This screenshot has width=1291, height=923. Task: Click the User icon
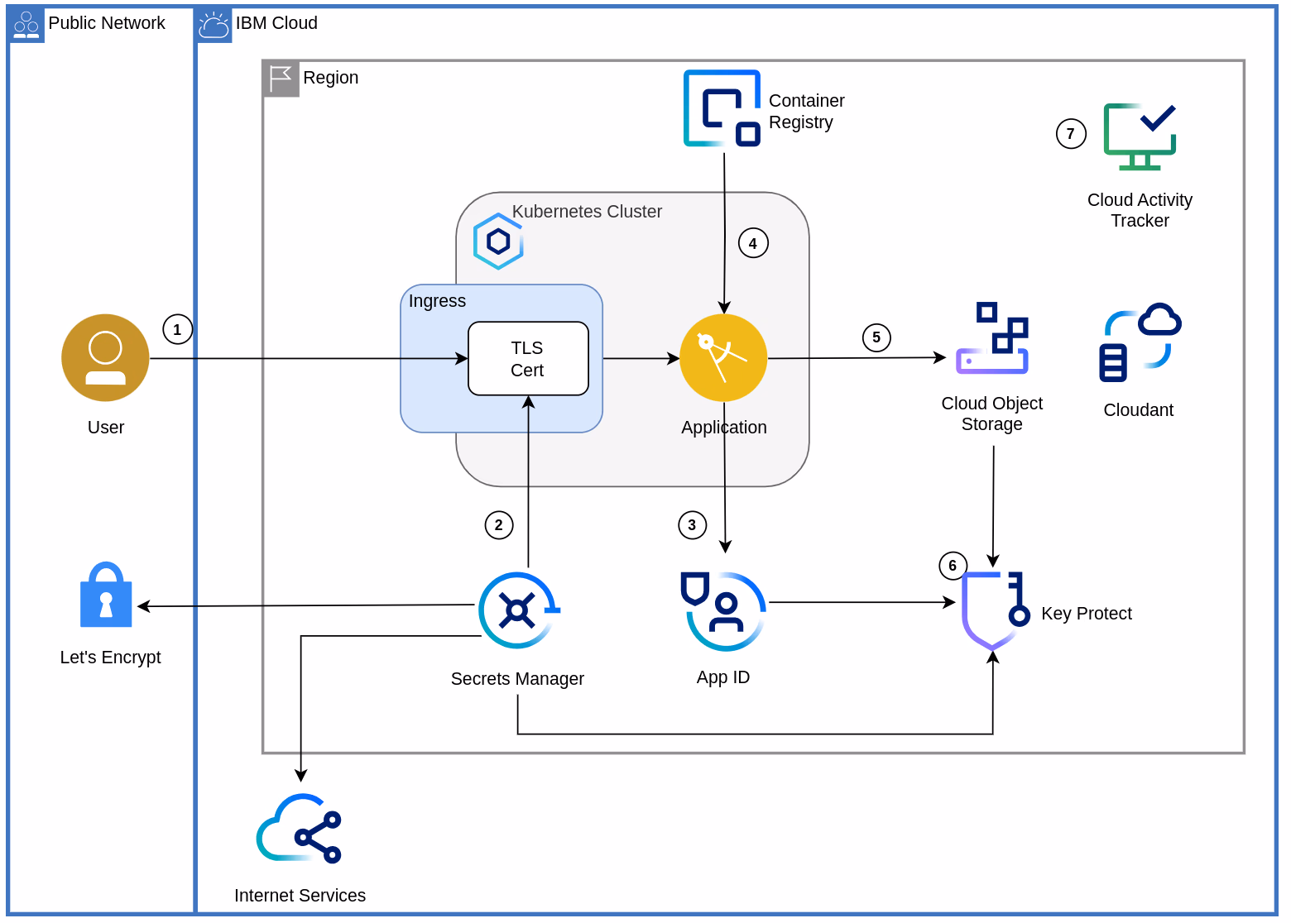[x=105, y=357]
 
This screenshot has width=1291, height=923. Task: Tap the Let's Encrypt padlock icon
[x=106, y=595]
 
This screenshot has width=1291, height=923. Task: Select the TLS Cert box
[x=528, y=358]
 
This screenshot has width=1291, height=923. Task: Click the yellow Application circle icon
[x=723, y=357]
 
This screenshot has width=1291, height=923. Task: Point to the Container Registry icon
[x=722, y=108]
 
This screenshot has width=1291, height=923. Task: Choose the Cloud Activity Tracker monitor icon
[x=1140, y=136]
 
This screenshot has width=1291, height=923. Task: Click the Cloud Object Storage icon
[x=991, y=338]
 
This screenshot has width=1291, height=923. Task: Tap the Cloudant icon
[x=1140, y=342]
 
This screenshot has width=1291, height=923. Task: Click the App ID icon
[x=723, y=611]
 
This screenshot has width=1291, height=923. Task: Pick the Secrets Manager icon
[x=518, y=610]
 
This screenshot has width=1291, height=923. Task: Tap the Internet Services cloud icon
[x=299, y=829]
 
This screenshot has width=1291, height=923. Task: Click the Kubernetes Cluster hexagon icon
[x=497, y=242]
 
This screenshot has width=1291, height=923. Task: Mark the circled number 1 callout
[x=177, y=329]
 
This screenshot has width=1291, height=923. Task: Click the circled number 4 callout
[x=753, y=243]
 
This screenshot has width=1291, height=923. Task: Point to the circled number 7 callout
[x=1071, y=133]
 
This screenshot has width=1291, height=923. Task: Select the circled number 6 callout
[x=953, y=566]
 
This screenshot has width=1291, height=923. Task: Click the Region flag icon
[x=281, y=79]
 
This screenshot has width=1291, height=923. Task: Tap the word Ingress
[x=437, y=301]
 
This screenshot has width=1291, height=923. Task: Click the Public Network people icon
[x=26, y=25]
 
